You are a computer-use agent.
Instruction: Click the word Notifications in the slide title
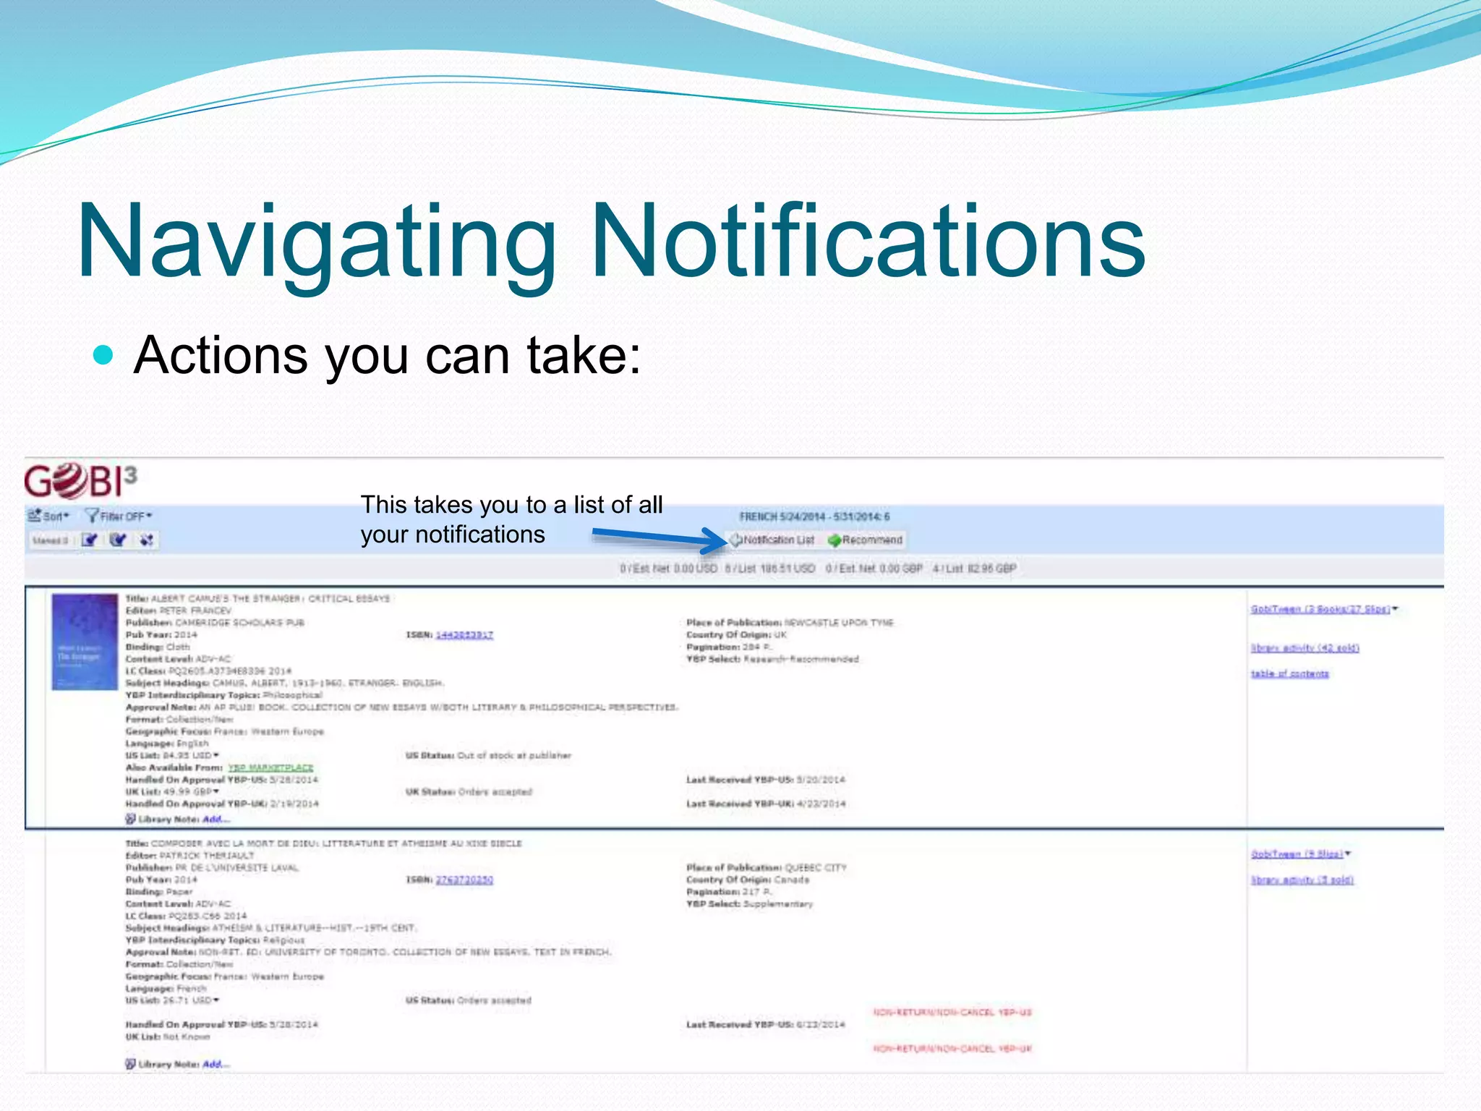868,240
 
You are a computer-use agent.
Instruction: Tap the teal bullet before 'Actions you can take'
104,355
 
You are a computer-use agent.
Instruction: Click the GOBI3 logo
80,481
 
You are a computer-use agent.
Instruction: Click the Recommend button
866,540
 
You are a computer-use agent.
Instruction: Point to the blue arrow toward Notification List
658,537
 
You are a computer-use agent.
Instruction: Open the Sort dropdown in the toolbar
48,516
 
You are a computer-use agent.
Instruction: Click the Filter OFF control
119,516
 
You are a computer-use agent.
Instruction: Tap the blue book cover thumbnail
85,642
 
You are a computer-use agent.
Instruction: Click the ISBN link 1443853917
464,635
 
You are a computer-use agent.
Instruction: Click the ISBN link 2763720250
464,880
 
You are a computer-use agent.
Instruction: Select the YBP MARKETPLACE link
270,767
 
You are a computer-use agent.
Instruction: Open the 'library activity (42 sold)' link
1305,648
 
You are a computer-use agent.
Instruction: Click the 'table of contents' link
1289,674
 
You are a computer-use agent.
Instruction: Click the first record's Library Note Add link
215,820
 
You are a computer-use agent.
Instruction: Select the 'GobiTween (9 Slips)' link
1297,854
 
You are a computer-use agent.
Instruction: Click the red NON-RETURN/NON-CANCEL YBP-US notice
952,1013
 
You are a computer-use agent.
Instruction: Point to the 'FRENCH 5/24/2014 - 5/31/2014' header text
814,516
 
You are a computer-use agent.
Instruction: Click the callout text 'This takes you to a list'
511,505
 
